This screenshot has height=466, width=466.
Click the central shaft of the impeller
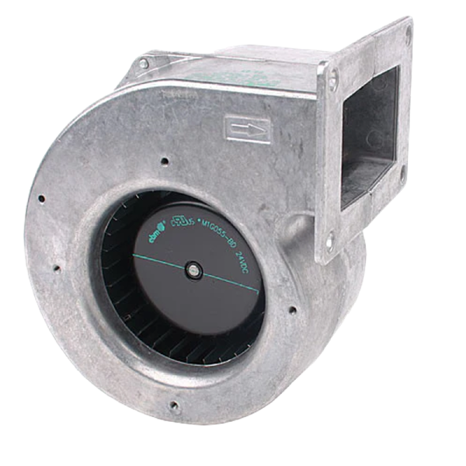(x=193, y=269)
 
